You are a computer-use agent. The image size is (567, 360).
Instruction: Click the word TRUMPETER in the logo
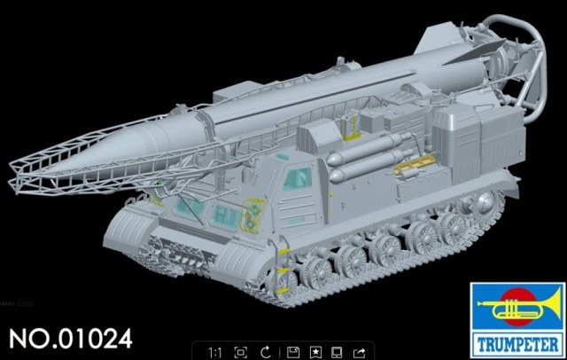tap(518, 342)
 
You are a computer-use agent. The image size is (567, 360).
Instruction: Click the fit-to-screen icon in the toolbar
tap(239, 352)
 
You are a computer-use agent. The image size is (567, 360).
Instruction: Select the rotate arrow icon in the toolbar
tap(266, 352)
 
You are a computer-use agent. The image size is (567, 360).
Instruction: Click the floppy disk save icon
tap(292, 352)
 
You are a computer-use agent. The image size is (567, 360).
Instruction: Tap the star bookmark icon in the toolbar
tap(316, 352)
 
